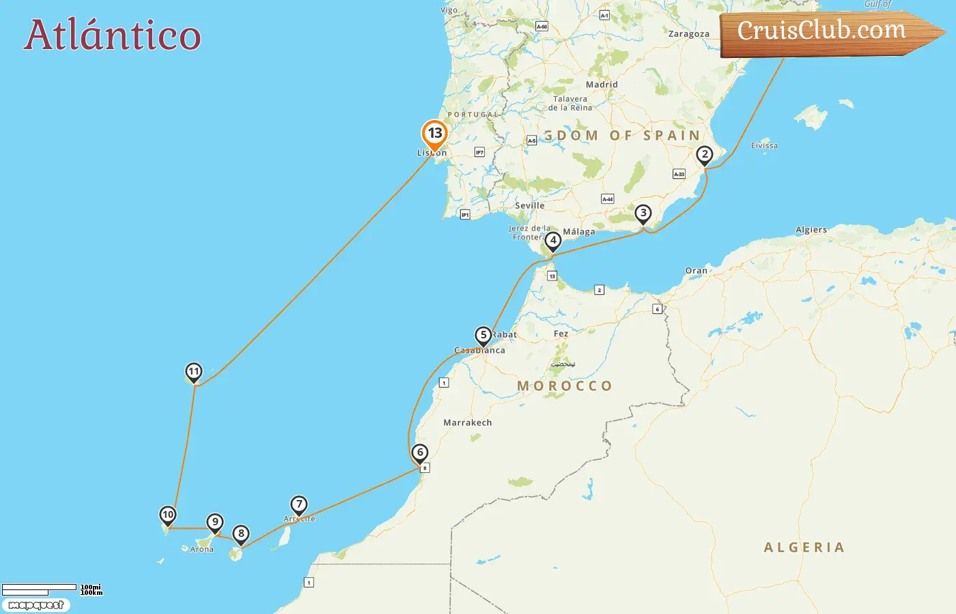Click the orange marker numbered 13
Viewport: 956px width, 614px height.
coord(434,134)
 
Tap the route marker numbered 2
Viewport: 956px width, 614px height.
coord(705,155)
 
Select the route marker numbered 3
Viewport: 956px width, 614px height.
coord(643,214)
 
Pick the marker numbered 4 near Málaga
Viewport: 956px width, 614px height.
coord(553,241)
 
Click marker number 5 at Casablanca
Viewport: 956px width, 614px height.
coord(483,336)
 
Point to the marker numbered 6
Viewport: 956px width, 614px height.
coord(420,453)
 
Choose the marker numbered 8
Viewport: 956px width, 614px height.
coord(240,534)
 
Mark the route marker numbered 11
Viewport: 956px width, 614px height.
coord(194,372)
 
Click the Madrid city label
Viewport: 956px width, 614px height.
coord(602,85)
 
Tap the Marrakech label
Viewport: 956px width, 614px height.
coord(468,423)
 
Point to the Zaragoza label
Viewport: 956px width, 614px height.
coord(688,34)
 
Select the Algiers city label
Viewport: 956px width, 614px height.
coord(811,230)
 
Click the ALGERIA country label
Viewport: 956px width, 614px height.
coord(804,547)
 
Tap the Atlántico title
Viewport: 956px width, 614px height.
coord(113,35)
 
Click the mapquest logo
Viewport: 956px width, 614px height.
coord(36,605)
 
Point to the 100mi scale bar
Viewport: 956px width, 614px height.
coord(40,587)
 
